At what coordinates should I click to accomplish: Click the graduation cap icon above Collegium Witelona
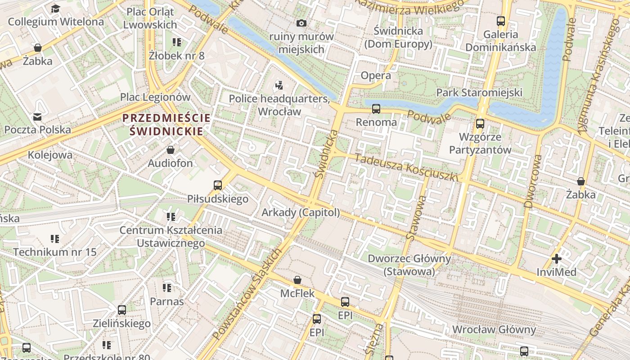(x=55, y=9)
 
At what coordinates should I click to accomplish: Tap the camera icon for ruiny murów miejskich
(x=301, y=23)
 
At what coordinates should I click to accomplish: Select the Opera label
(x=376, y=75)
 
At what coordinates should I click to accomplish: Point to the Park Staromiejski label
(x=479, y=92)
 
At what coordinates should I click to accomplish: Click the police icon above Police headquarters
(x=279, y=85)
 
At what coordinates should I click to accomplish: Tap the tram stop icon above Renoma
(x=376, y=108)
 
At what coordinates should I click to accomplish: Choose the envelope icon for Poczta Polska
(x=37, y=117)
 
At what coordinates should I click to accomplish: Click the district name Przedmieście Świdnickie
(x=166, y=125)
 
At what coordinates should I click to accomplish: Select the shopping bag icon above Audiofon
(x=171, y=150)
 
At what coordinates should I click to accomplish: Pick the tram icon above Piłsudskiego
(x=218, y=185)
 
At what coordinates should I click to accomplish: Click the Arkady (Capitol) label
(x=301, y=212)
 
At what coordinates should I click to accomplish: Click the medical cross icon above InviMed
(x=557, y=259)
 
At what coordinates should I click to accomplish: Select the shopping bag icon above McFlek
(x=297, y=280)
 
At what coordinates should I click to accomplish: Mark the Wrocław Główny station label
(x=494, y=329)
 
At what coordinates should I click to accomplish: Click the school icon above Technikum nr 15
(x=55, y=238)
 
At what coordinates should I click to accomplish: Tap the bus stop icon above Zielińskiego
(x=121, y=310)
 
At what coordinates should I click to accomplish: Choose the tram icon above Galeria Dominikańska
(x=500, y=21)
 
